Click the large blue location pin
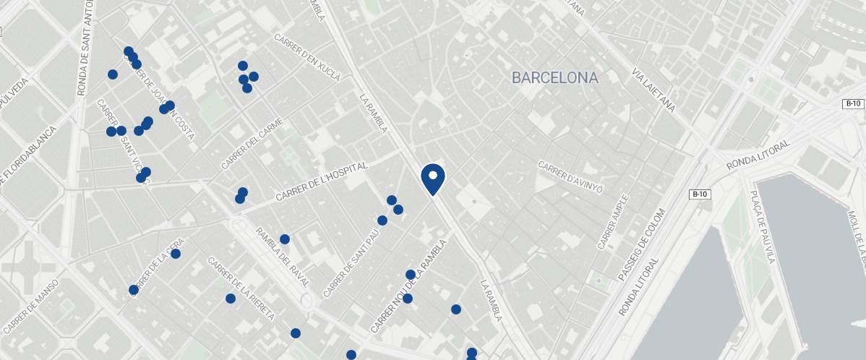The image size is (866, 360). point(432,179)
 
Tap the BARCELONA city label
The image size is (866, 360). point(554,77)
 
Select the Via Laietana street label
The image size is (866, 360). point(653,90)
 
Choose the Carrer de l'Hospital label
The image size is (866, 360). point(322,181)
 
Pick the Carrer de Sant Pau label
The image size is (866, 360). point(351,264)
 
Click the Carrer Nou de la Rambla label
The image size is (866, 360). point(408,286)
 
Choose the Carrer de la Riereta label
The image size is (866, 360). point(241,289)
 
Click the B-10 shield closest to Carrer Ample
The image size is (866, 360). point(699,194)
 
